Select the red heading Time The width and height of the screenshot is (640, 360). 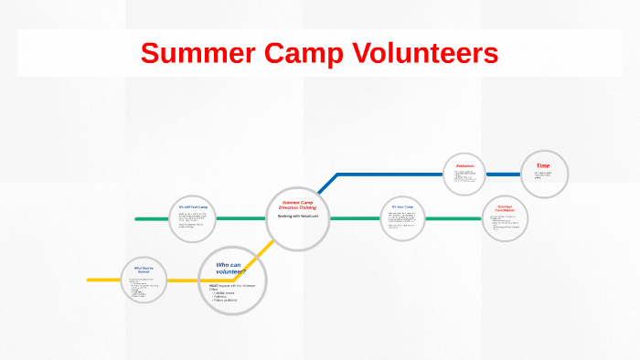[542, 166]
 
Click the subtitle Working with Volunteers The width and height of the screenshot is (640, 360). [297, 217]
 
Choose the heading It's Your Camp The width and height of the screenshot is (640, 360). [402, 207]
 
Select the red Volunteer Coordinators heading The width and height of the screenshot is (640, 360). [506, 208]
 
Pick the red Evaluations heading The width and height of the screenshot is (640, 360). [465, 165]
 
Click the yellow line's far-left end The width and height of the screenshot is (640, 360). [90, 279]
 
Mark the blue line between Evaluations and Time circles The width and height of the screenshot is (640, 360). [503, 174]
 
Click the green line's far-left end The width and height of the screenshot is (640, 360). [137, 219]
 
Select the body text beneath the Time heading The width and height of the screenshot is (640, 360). [543, 175]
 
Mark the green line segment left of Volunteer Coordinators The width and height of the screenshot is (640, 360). [453, 218]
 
